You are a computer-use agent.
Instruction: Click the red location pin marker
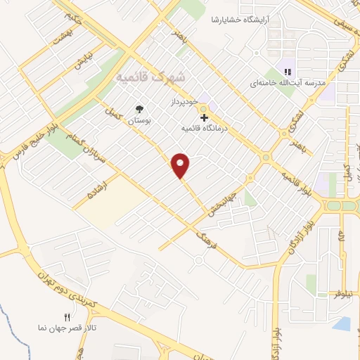click(181, 165)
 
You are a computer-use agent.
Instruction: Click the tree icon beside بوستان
click(140, 109)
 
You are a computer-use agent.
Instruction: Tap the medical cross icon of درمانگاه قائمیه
click(204, 117)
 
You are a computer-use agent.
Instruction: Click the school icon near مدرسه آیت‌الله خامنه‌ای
click(287, 72)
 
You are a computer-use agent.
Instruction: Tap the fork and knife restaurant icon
click(67, 318)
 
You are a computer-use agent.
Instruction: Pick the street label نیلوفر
click(337, 289)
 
